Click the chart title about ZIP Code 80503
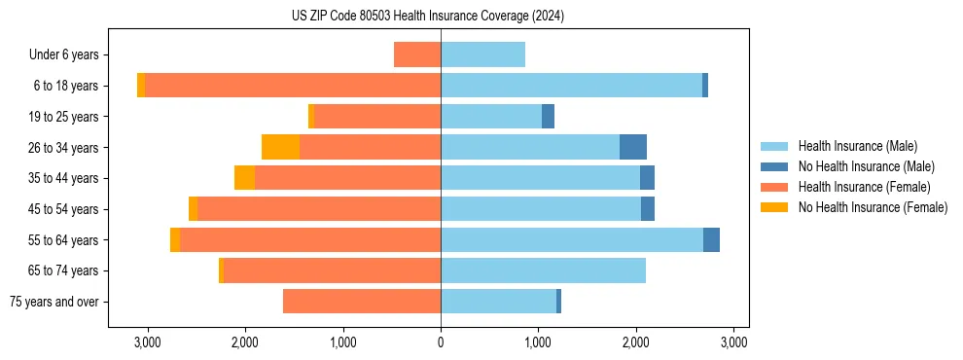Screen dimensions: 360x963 point(428,16)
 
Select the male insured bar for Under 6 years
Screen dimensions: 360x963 point(482,54)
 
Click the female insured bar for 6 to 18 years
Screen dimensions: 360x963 point(292,86)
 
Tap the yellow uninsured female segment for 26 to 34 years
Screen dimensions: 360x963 point(280,147)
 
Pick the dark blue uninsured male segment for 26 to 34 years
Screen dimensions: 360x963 point(633,147)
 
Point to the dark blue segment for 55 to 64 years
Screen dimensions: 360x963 point(711,239)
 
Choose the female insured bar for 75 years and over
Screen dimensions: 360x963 point(361,302)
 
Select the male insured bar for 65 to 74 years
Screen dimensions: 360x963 point(543,270)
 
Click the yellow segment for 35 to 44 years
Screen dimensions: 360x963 point(244,178)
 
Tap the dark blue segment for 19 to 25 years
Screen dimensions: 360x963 point(548,117)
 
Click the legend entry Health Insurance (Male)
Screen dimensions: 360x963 point(857,146)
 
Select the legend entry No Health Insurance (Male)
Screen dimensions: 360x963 point(866,166)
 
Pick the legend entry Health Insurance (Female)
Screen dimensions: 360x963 point(864,187)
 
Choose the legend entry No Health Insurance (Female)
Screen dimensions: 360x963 point(873,207)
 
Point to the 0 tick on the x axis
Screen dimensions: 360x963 point(441,342)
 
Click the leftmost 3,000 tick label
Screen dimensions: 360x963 point(147,342)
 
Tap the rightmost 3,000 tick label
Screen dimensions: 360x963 point(733,342)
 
